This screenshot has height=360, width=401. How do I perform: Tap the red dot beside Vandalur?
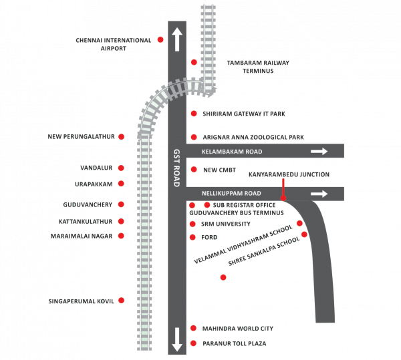tap(121, 167)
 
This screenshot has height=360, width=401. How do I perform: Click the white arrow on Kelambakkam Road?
tap(319, 152)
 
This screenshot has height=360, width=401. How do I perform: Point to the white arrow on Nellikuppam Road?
tap(319, 194)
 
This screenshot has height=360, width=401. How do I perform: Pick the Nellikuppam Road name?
tap(229, 194)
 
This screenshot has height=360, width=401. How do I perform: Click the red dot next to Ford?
tap(193, 236)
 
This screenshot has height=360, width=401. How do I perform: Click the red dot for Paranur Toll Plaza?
tap(193, 343)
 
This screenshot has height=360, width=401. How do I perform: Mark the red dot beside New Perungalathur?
tap(121, 136)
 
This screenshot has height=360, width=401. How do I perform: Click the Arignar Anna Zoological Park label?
tap(253, 137)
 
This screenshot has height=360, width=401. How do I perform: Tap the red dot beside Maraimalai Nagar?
tap(121, 236)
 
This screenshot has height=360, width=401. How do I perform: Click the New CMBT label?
tap(220, 170)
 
